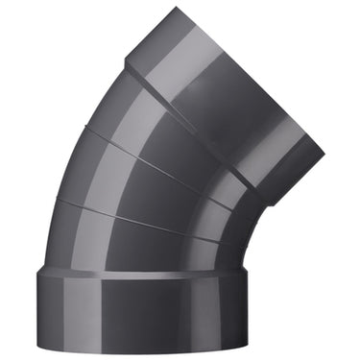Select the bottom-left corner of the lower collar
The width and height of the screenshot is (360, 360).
point(40,348)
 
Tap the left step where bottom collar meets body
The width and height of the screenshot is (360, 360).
point(42,273)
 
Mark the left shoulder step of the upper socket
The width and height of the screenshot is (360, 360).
point(128,65)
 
